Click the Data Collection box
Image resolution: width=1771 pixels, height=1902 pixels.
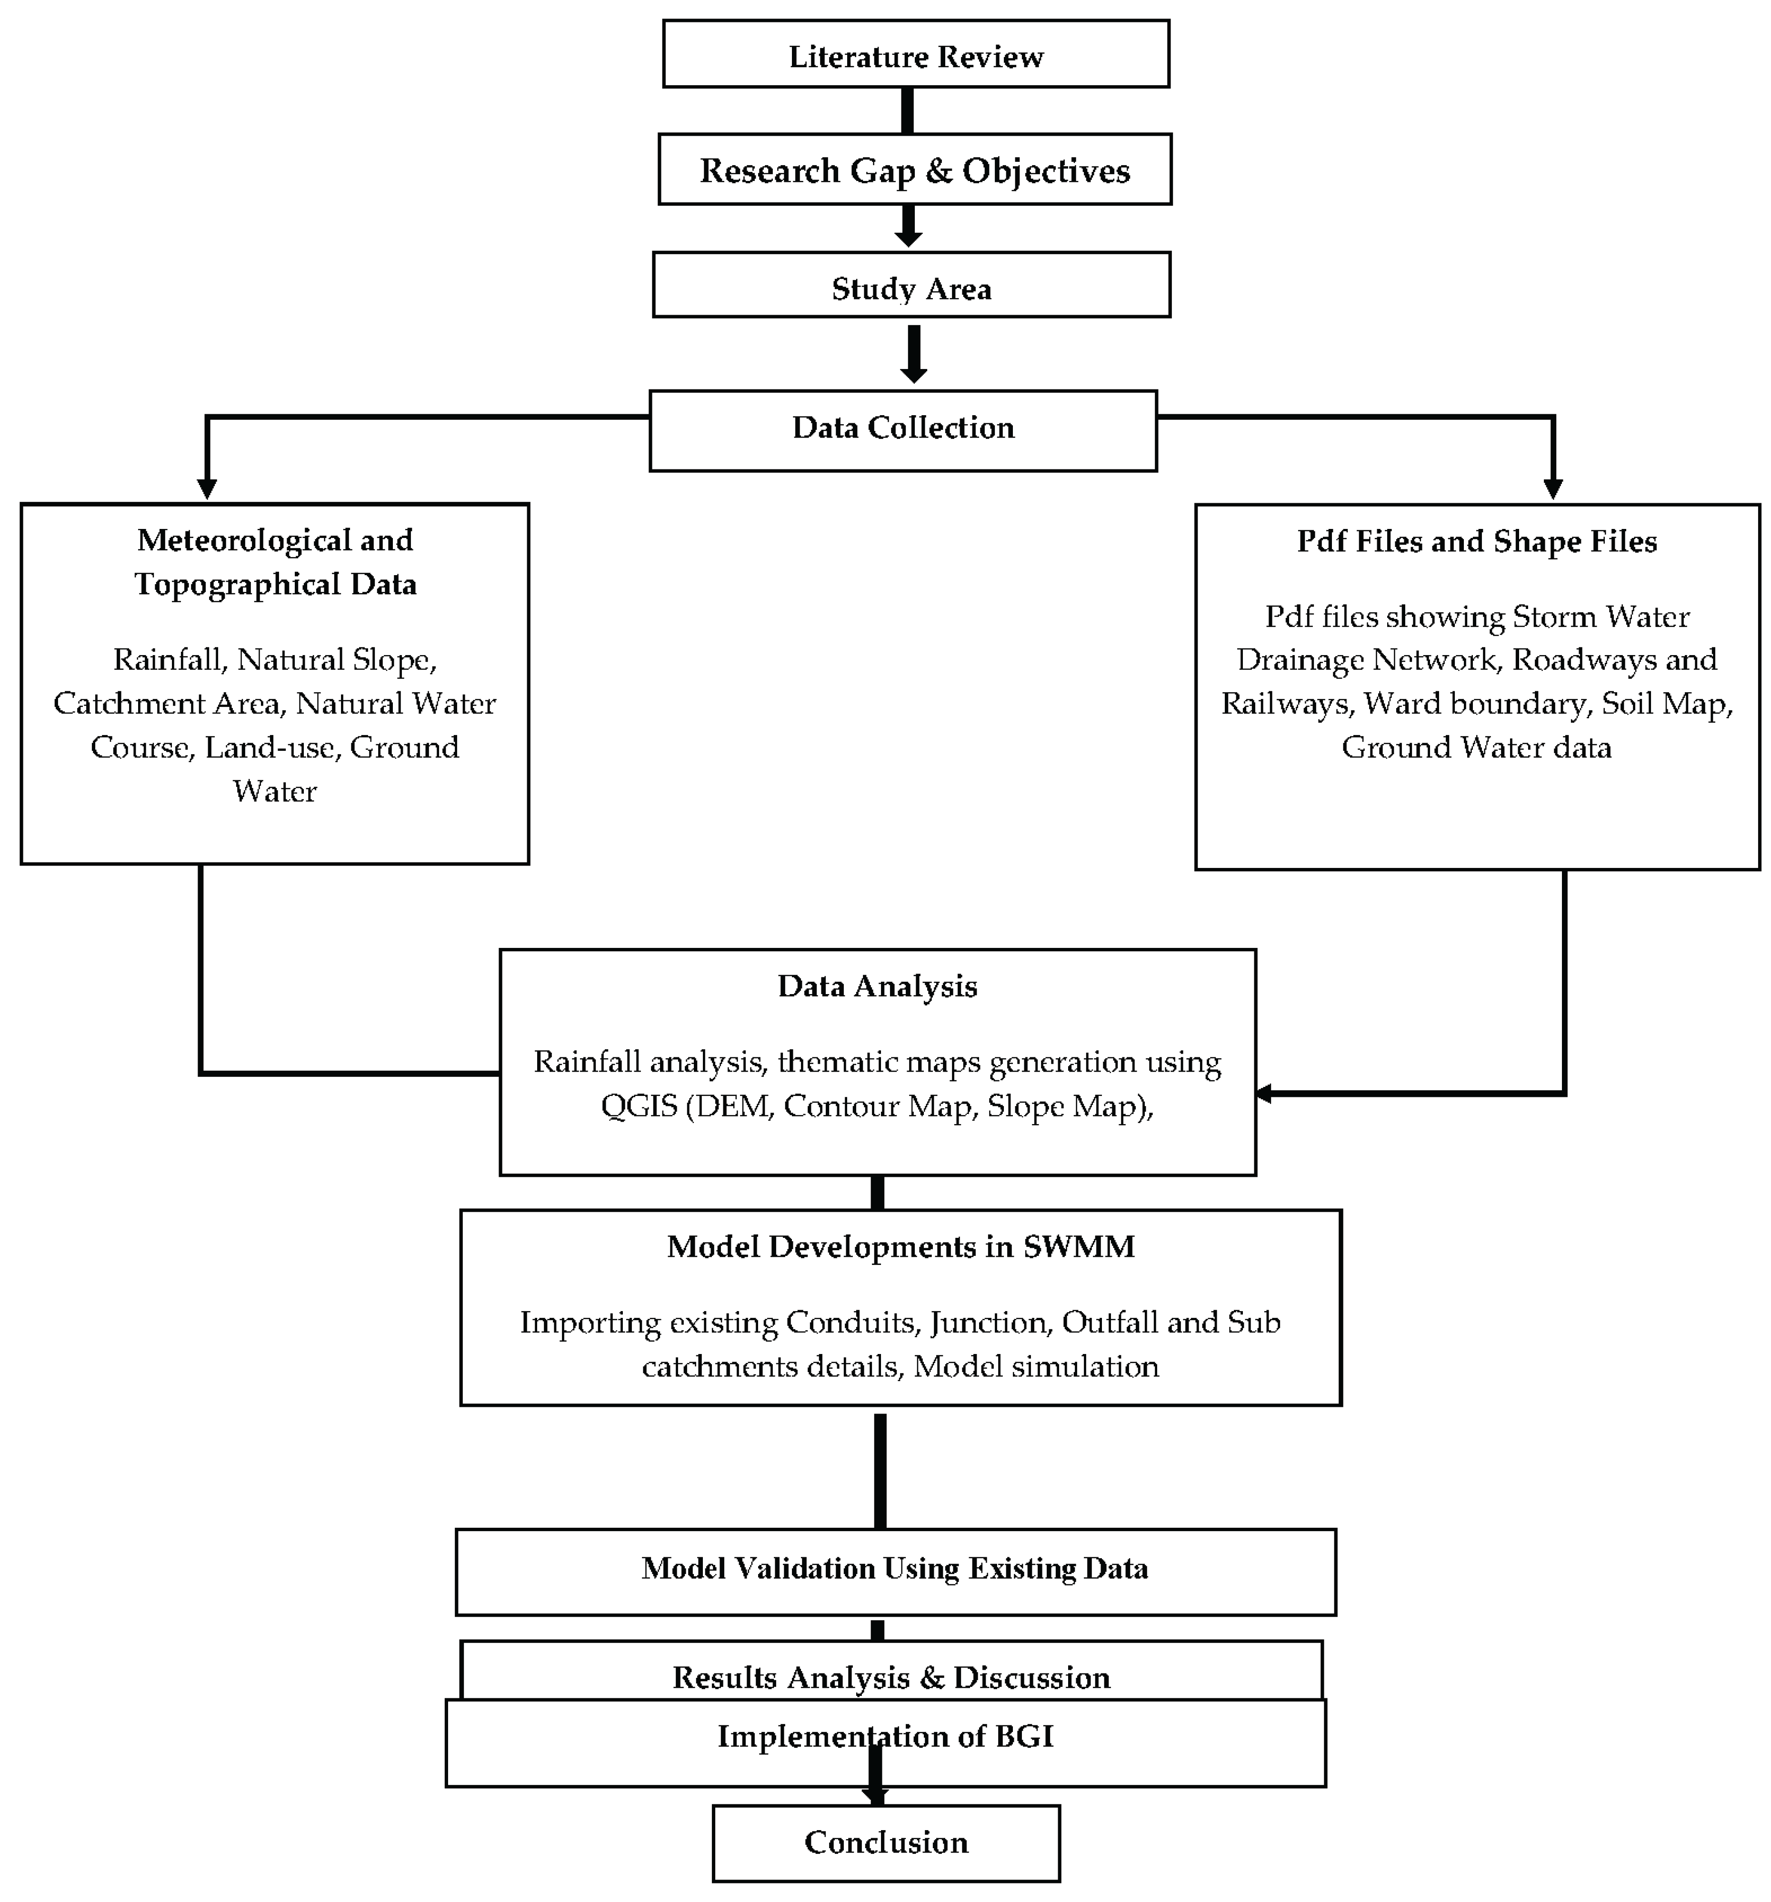coord(902,428)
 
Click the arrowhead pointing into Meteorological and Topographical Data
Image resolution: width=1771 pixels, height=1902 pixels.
coord(207,488)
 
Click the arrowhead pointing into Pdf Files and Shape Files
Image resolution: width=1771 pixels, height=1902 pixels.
coord(1553,488)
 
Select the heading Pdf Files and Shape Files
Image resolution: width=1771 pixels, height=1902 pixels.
coord(1476,541)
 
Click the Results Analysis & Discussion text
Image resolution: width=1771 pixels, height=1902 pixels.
coord(891,1677)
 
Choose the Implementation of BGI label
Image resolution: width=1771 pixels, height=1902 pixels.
coord(885,1736)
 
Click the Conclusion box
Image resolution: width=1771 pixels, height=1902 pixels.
coord(886,1842)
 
